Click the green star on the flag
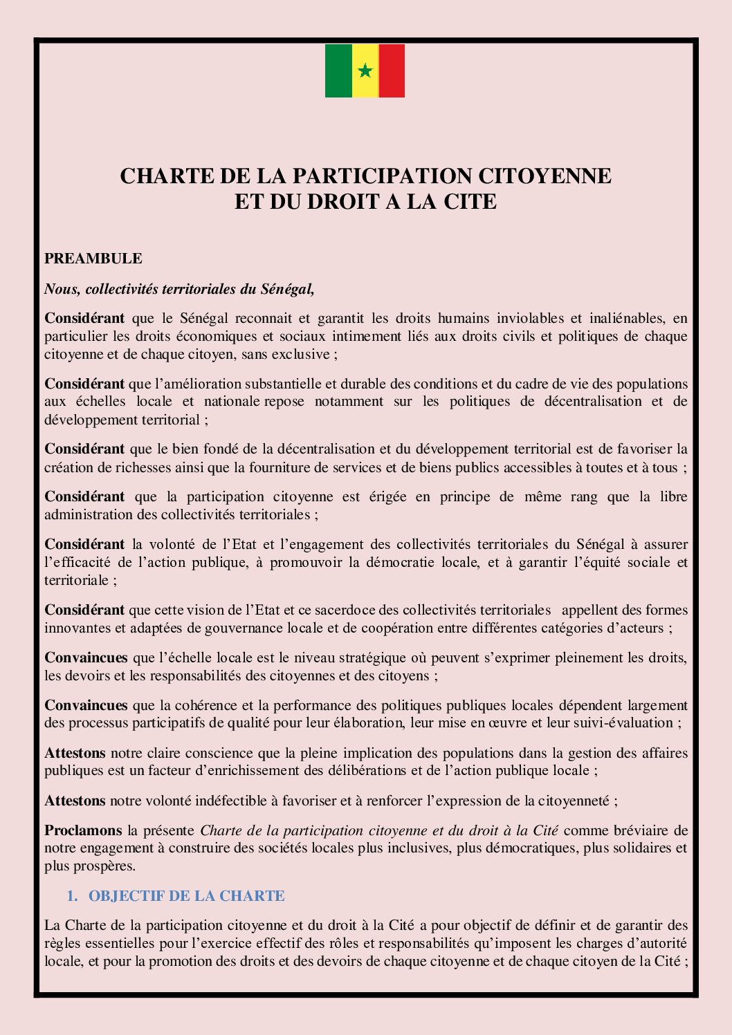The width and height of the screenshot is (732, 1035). [365, 71]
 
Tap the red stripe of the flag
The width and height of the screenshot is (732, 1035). [392, 71]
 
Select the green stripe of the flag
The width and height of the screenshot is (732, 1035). [338, 71]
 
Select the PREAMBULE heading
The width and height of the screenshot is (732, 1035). [93, 259]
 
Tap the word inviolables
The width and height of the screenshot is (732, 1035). [530, 319]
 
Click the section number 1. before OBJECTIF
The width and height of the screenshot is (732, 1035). [72, 896]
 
